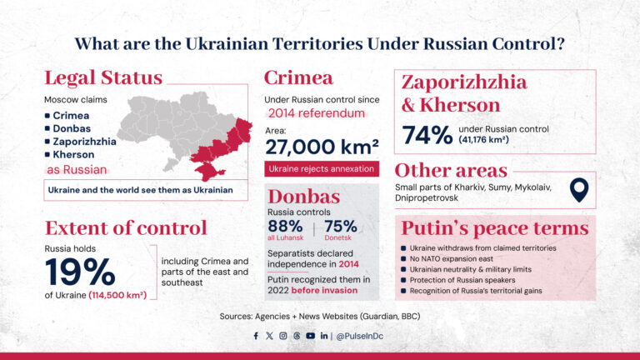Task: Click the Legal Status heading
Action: [103, 78]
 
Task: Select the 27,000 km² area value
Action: [322, 146]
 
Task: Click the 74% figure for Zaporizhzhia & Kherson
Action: [427, 134]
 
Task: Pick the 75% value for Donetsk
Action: [341, 226]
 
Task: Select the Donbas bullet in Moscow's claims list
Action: [70, 127]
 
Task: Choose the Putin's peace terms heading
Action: [495, 228]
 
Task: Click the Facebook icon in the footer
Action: [256, 336]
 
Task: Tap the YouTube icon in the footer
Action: [310, 336]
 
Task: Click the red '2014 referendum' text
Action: [317, 112]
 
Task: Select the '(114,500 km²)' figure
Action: [118, 292]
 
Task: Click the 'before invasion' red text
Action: [326, 290]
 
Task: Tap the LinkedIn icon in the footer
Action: [323, 336]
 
